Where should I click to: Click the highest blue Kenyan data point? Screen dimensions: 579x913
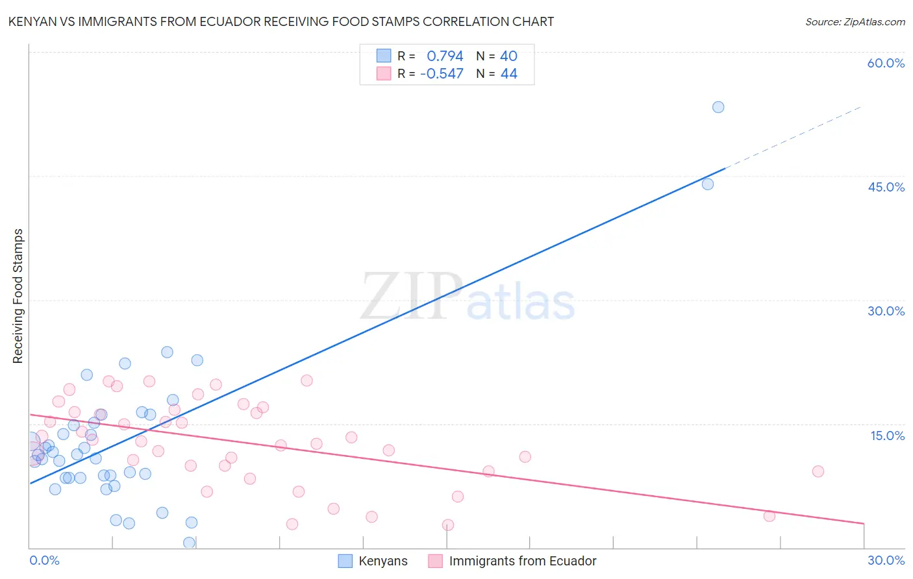[x=718, y=107]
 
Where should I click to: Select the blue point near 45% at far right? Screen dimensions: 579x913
[x=707, y=184]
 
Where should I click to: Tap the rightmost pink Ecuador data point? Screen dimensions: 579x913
[x=818, y=471]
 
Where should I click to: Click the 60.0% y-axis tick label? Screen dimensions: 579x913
[x=886, y=63]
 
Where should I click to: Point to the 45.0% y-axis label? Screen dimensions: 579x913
[x=886, y=187]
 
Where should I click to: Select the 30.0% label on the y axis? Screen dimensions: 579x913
[x=886, y=311]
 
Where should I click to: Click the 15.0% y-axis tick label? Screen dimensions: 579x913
[x=887, y=436]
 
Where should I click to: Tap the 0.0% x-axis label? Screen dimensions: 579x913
[x=44, y=560]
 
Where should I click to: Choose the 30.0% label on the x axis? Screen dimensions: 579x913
[x=886, y=560]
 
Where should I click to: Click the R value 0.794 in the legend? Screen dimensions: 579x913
[x=445, y=56]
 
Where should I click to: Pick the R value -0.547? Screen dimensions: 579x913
[x=442, y=74]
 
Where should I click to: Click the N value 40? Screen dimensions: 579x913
[x=508, y=56]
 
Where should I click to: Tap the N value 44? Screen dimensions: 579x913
[x=508, y=74]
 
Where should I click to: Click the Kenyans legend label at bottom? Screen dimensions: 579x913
[x=383, y=561]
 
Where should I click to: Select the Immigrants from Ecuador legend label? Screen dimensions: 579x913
[x=522, y=561]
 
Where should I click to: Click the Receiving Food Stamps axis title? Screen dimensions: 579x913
[x=18, y=296]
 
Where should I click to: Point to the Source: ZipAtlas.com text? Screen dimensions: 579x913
[x=855, y=22]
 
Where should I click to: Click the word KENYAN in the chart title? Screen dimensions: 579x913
[x=32, y=22]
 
